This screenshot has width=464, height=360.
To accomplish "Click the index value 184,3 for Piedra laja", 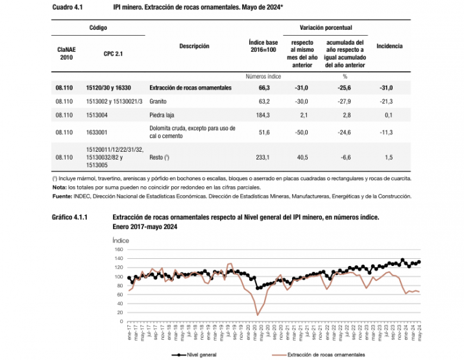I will click(263, 115).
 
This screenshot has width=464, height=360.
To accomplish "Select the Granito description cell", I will click(159, 101).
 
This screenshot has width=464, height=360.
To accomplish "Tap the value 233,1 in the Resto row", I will click(263, 157).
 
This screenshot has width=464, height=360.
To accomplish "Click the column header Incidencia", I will click(389, 46).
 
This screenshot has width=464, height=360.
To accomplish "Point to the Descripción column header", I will click(194, 46).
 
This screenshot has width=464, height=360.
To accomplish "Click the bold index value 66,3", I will click(263, 88).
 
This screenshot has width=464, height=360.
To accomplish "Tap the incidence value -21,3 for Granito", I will click(389, 101).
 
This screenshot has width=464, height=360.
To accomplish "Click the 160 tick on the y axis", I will click(118, 249).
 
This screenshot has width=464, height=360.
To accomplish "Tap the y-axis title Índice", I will click(121, 240).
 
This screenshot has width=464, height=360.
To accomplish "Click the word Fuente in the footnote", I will click(62, 195).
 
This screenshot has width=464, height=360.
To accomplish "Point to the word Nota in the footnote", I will click(59, 187).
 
